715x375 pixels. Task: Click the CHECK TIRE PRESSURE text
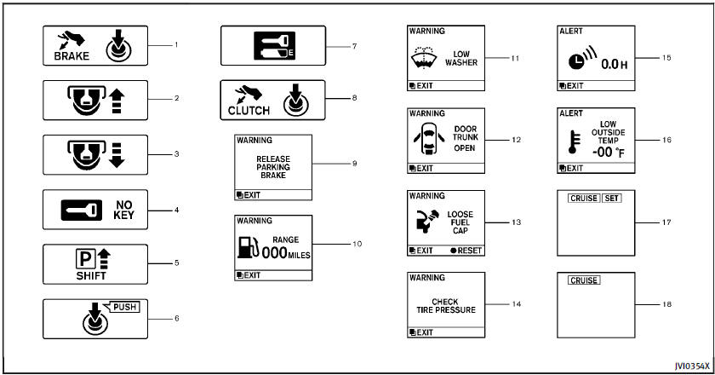(453, 305)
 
